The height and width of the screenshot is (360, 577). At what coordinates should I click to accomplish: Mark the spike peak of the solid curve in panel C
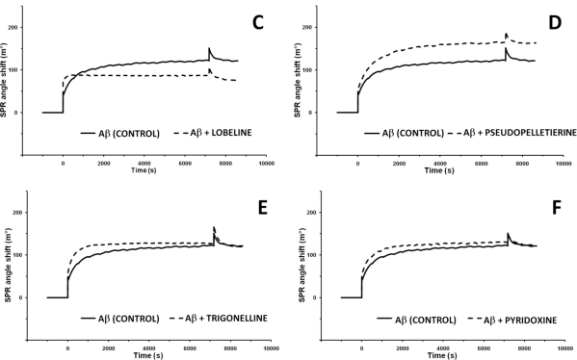click(x=209, y=48)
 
